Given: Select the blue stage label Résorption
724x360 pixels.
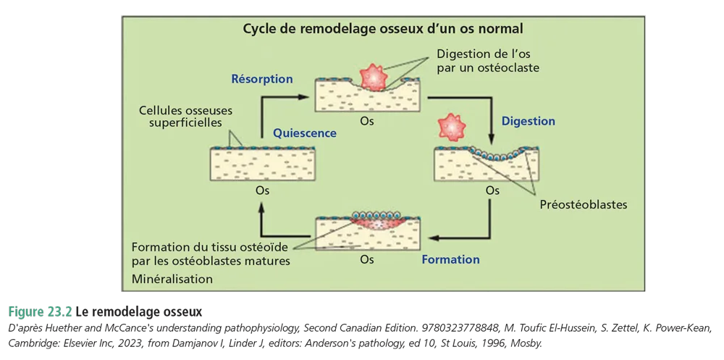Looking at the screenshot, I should pos(261,79).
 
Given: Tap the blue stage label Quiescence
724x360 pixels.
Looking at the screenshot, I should pos(305,133).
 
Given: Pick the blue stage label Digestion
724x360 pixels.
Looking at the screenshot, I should pos(528,121).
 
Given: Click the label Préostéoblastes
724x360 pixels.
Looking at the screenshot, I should pos(584,205).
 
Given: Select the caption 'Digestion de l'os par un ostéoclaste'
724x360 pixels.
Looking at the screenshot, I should pos(489,60).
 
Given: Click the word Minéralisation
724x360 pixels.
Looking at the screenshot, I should pos(173,279).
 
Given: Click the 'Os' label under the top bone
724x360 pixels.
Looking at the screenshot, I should pos(367,122).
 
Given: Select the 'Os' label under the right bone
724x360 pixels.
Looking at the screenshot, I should pos(492,191).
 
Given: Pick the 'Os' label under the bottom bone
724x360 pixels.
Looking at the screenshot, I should pos(367,259).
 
